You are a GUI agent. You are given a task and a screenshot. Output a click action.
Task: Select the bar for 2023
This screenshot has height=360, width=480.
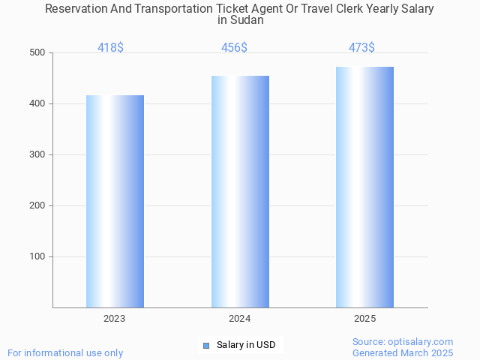point(115,201)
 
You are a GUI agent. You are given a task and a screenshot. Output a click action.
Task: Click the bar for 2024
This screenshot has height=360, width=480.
point(240,191)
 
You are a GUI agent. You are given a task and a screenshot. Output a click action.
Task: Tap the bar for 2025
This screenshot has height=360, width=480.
point(364,187)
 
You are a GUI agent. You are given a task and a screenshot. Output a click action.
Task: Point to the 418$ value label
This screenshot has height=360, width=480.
point(110,48)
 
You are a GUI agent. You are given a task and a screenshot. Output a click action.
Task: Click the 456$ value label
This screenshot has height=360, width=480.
point(234,48)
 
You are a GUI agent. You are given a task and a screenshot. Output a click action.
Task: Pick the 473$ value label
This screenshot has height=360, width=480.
point(361,48)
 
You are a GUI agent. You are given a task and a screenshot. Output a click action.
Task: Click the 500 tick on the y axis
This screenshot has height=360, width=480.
point(37,52)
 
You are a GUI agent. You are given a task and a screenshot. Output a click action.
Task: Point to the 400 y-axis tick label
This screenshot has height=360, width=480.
point(37,103)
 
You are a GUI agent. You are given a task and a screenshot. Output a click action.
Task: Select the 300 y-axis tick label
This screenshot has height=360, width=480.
point(37,154)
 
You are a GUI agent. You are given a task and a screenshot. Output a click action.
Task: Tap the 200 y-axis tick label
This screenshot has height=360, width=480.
point(37,205)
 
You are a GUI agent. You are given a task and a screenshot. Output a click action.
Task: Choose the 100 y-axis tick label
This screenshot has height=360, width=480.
point(37,256)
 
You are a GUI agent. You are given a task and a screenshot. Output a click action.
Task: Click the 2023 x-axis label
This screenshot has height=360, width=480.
point(115,319)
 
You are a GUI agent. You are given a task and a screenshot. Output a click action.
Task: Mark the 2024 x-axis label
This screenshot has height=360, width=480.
point(240,319)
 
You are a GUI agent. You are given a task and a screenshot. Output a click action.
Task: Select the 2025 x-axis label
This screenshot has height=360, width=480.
point(364,319)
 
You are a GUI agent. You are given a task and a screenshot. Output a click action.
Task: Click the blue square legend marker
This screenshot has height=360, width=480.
point(206,345)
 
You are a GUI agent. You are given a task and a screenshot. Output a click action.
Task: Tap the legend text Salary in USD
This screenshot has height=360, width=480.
point(246,345)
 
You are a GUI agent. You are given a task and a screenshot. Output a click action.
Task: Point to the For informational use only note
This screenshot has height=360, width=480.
point(65,352)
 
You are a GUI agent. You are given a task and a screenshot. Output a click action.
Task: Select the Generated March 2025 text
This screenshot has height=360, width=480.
point(403,352)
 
